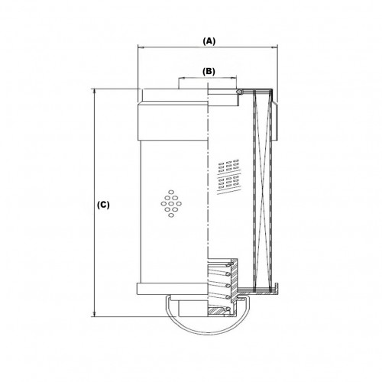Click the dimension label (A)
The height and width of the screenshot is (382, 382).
click(x=209, y=40)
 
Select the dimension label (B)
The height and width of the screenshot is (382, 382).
click(x=209, y=72)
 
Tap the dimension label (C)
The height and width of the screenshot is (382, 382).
click(x=103, y=205)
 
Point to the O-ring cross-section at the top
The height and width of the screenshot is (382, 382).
click(x=239, y=91)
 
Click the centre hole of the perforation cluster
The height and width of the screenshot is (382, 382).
click(x=171, y=203)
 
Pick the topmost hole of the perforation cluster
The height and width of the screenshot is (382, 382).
click(x=171, y=192)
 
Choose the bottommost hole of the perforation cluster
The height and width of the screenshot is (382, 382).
click(x=171, y=215)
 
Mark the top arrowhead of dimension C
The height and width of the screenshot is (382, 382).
click(x=95, y=92)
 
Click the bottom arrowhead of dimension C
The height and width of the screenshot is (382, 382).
click(x=95, y=314)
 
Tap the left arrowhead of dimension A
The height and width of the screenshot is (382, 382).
click(x=141, y=47)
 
